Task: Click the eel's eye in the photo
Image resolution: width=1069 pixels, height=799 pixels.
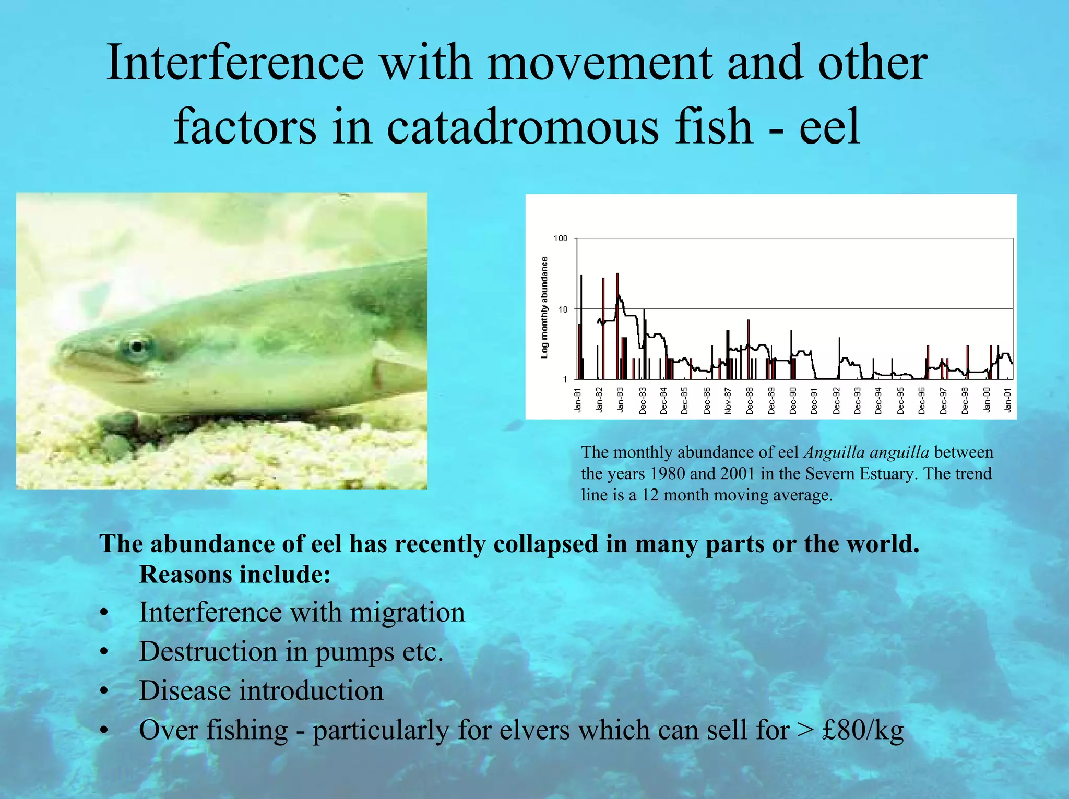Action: [137, 347]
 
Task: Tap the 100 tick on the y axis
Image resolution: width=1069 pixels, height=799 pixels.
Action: [560, 238]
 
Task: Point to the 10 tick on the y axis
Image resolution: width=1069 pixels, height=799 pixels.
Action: [563, 309]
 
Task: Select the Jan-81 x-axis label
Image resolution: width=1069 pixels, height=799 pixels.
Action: [578, 400]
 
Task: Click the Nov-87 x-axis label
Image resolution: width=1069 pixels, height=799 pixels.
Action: [728, 400]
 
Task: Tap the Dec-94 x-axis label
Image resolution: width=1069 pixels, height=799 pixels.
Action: [878, 400]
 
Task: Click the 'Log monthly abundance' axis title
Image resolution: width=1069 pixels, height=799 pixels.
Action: [544, 307]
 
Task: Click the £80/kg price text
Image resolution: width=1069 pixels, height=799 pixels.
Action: [862, 730]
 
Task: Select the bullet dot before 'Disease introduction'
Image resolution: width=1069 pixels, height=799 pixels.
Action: [105, 691]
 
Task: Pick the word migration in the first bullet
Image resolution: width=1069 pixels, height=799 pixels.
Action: [407, 613]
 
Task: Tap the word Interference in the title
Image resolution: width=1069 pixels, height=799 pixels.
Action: [235, 62]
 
